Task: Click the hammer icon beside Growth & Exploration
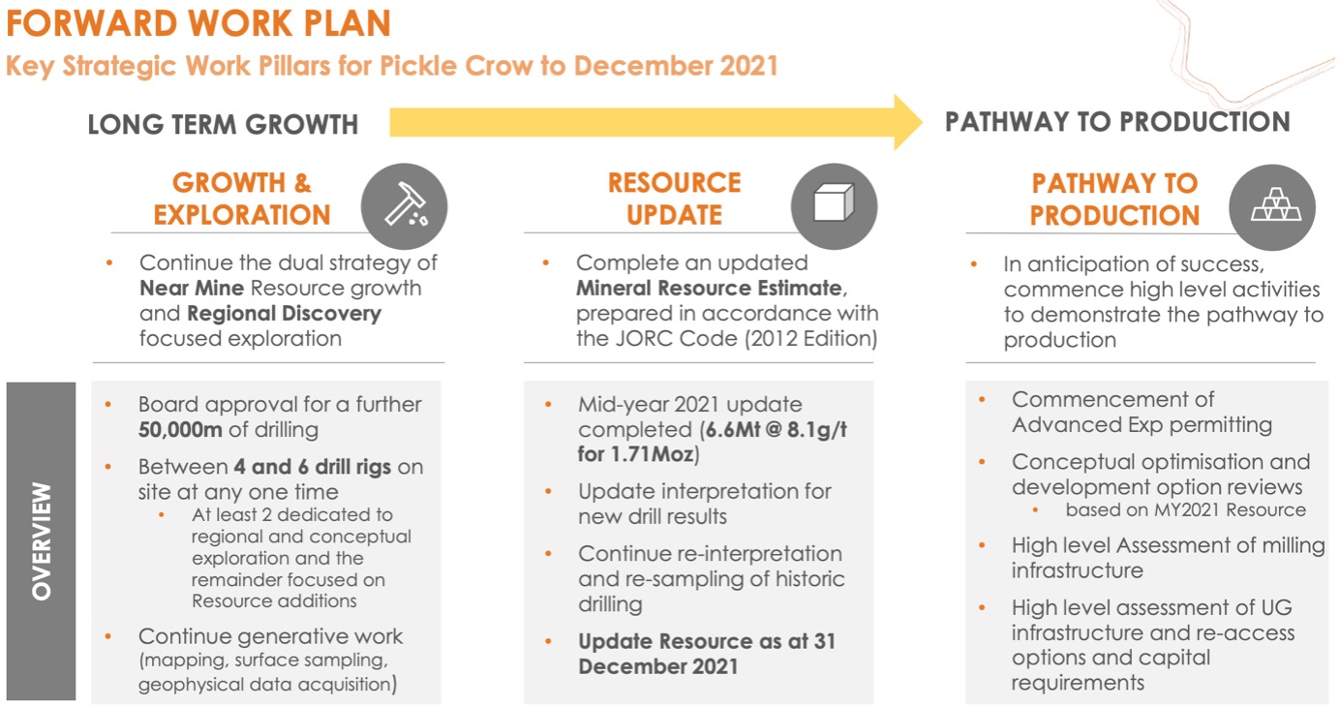coord(405,204)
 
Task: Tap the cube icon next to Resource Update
coord(834,202)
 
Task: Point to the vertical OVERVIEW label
coord(42,541)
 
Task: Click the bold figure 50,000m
coord(180,429)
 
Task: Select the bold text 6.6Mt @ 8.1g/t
coord(777,429)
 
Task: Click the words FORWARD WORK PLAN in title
coord(198,23)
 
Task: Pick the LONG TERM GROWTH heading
coord(223,124)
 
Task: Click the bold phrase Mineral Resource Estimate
coord(709,289)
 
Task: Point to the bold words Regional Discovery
coord(284,314)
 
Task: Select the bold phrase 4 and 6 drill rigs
coord(313,467)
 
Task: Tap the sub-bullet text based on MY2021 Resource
coord(1185,510)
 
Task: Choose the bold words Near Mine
coord(192,289)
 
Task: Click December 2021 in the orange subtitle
coord(676,66)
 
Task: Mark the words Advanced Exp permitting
coord(1142,425)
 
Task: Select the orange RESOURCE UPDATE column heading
coord(674,199)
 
